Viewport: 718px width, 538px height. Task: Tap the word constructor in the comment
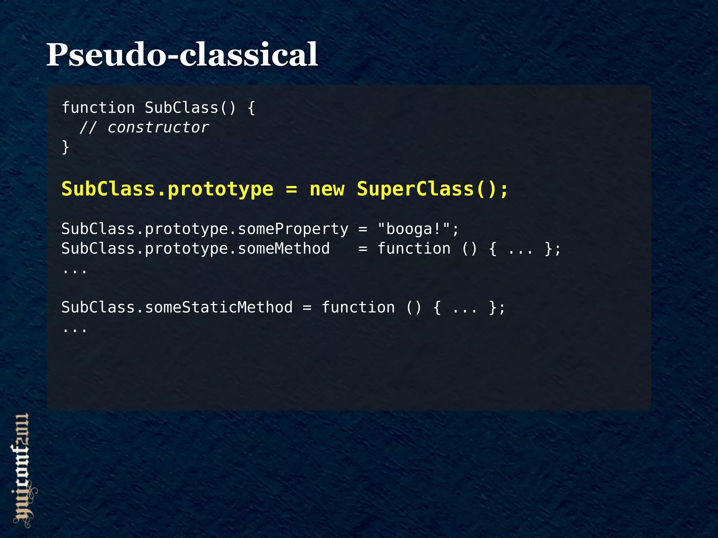pos(158,127)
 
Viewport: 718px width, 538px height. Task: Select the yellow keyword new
pos(327,189)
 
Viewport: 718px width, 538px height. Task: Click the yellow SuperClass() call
pos(432,189)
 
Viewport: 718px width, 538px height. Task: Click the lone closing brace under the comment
pos(66,147)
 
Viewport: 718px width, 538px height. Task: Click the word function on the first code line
pos(98,108)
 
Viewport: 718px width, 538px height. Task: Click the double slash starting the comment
pos(88,127)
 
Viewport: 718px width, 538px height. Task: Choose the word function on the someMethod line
pos(414,249)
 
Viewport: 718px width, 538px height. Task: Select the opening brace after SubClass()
pos(251,108)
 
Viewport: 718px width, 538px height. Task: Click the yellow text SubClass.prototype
pos(167,189)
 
